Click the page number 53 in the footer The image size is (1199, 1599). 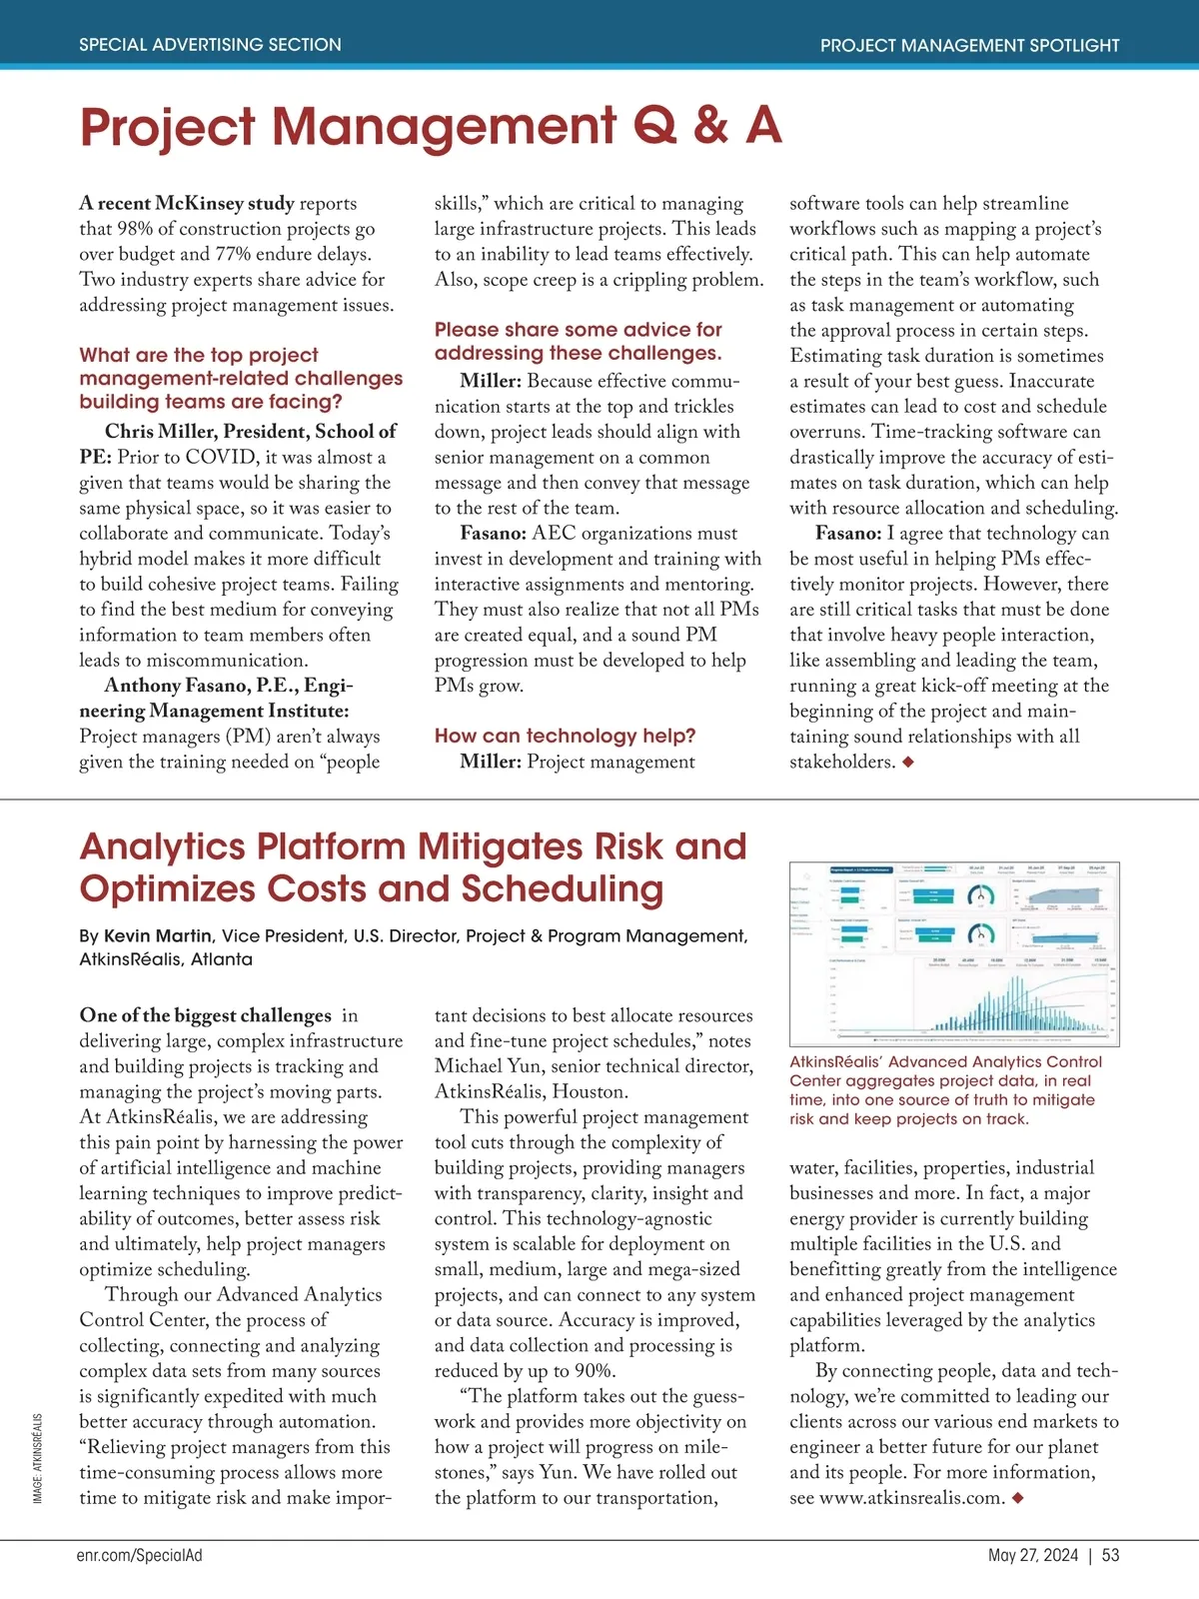tap(1110, 1555)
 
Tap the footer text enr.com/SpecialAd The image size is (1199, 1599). tap(139, 1555)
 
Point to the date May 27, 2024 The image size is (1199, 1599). tap(1032, 1555)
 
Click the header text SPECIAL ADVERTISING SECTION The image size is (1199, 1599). tap(210, 45)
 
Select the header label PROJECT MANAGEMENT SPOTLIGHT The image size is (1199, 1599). tap(969, 45)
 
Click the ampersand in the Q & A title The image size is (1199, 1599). tap(709, 127)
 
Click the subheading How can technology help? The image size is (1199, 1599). tap(565, 736)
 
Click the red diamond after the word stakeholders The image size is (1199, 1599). tap(908, 762)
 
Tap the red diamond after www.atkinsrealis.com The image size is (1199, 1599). tap(1017, 1497)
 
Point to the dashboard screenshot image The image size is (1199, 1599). tap(953, 953)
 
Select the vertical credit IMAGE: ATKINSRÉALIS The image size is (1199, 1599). tap(38, 1458)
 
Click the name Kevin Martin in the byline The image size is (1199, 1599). tap(158, 935)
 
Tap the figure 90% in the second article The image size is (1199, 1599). tap(591, 1370)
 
